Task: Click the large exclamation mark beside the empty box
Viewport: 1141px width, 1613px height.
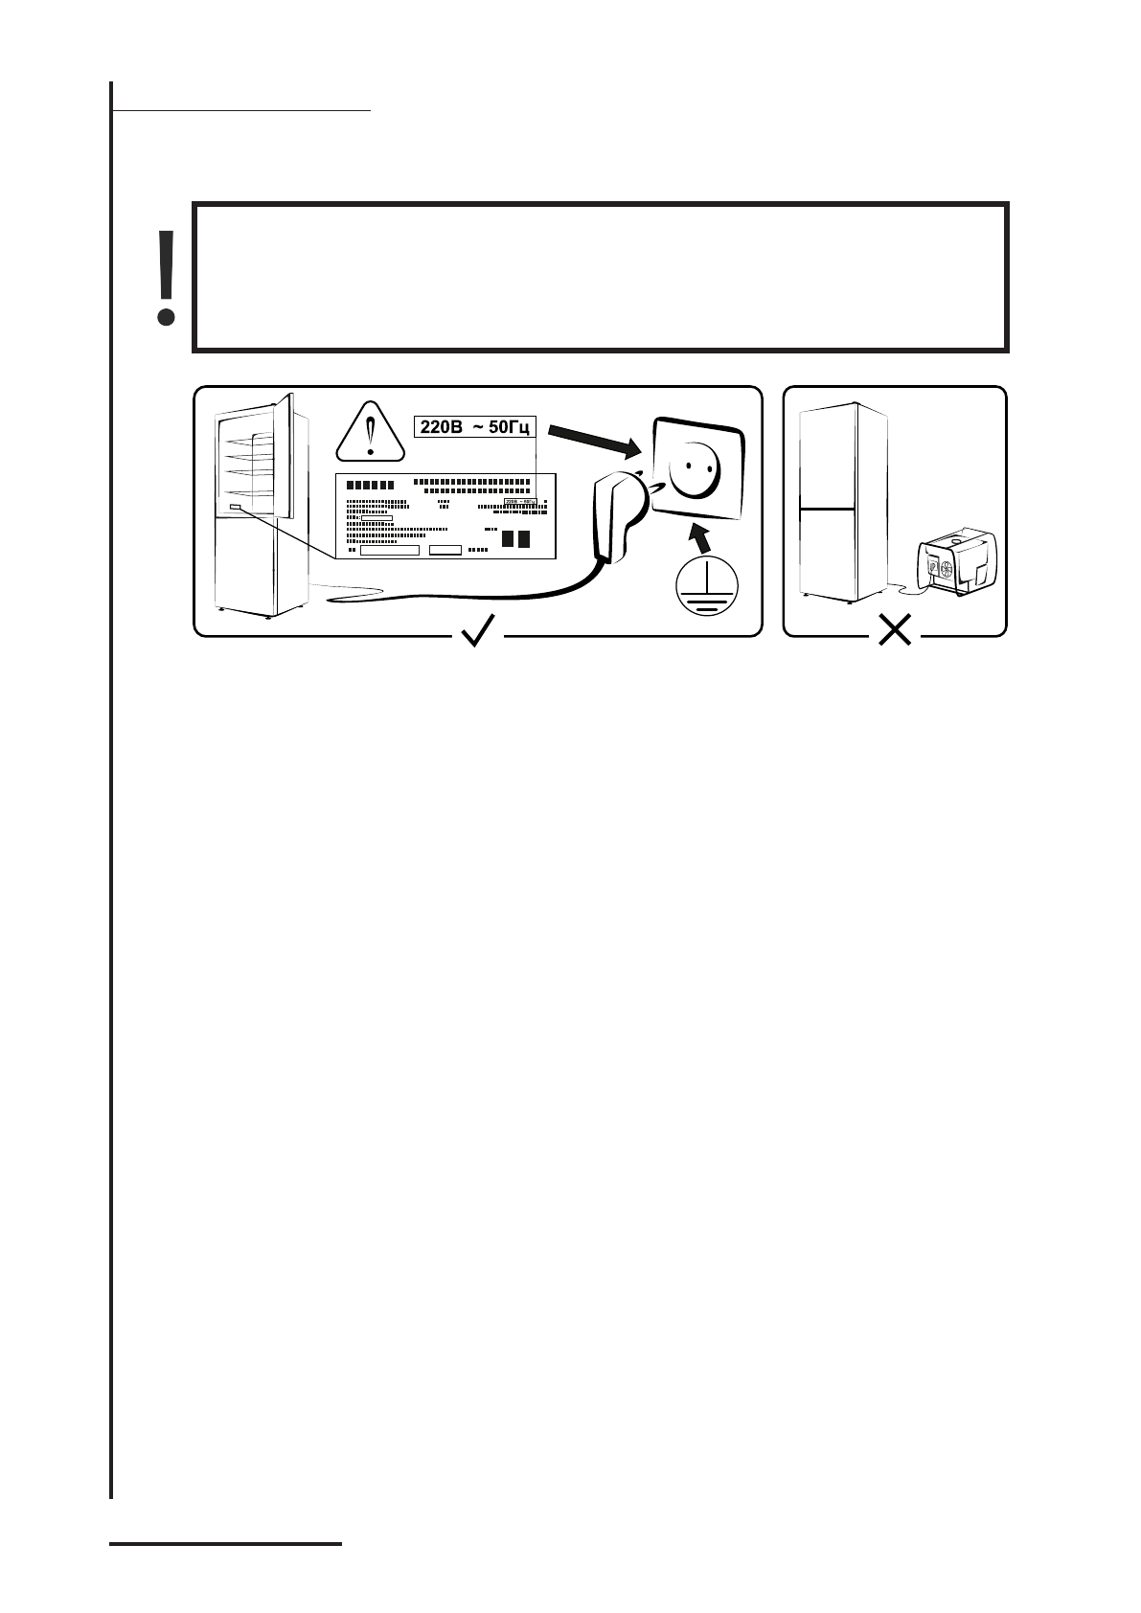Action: [x=166, y=277]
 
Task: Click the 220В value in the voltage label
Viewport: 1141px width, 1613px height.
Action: [x=443, y=426]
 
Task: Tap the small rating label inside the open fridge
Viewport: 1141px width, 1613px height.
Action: [x=236, y=507]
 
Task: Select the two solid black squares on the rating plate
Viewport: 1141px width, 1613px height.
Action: [x=515, y=538]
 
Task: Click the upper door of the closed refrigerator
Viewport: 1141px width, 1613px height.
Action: [x=827, y=457]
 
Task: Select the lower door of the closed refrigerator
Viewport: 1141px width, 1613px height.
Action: [x=826, y=551]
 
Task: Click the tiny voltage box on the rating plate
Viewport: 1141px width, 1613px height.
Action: [x=519, y=500]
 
